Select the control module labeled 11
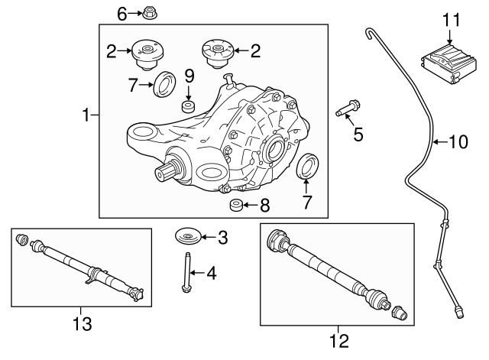tap(449, 60)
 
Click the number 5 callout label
tap(358, 136)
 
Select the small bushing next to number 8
tap(238, 206)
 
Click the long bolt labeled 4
tap(186, 272)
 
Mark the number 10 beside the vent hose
tap(456, 141)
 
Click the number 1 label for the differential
tap(86, 116)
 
